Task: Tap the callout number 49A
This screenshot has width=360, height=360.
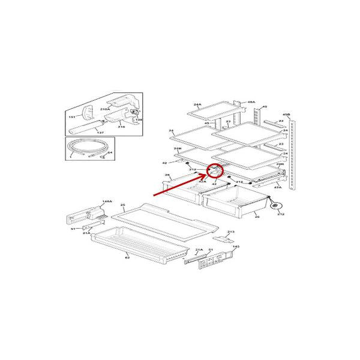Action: [251, 103]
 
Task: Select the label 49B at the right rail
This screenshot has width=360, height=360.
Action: [287, 113]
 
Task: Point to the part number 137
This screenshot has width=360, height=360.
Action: [100, 133]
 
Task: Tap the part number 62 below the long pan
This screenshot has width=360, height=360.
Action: [127, 257]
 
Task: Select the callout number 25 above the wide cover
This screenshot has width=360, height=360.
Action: [122, 205]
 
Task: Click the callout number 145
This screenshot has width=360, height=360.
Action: [236, 247]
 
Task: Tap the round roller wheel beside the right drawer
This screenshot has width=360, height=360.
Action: [277, 206]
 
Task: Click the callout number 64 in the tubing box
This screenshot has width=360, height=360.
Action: [110, 154]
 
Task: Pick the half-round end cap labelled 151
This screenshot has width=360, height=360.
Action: [86, 112]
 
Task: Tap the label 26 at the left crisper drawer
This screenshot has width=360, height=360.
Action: [169, 176]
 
